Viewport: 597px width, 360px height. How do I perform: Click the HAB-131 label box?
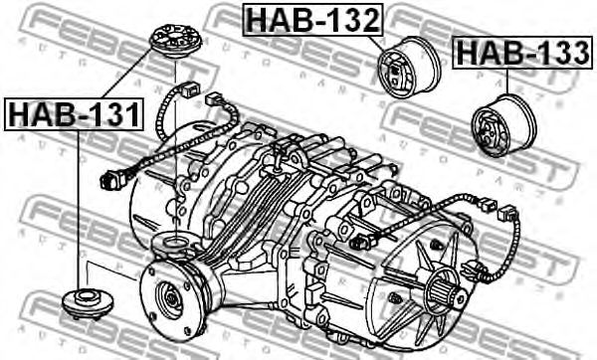coord(74,113)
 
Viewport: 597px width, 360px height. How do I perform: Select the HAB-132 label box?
coord(312,20)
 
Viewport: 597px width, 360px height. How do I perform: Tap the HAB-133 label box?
coord(522,53)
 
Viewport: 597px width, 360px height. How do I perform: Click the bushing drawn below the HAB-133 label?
coord(503,125)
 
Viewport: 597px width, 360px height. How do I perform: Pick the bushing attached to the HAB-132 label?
coord(409,68)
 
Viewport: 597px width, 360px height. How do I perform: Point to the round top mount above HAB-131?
coord(175,42)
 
